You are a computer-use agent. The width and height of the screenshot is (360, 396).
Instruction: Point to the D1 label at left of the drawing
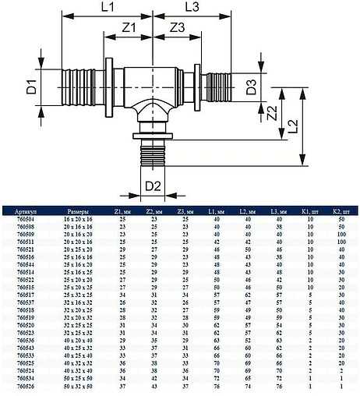(30, 85)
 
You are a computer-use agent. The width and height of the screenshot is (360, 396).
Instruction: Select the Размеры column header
(82, 210)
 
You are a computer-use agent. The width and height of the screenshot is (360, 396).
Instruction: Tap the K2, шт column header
(337, 210)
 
